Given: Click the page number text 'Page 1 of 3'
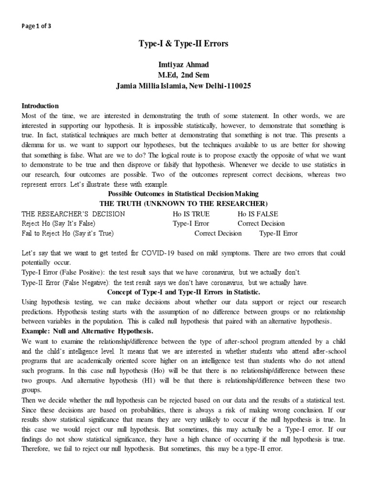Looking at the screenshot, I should [36, 26].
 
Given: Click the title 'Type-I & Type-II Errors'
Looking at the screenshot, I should [183, 44].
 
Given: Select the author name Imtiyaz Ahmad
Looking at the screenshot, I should [183, 65].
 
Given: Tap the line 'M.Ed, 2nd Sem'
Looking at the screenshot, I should [183, 75].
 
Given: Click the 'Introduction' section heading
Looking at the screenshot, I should [40, 106].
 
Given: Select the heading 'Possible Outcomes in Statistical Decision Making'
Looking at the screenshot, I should [183, 193].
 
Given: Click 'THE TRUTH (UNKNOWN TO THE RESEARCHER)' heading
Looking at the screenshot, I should [183, 203].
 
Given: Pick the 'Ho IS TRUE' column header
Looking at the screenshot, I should [191, 214].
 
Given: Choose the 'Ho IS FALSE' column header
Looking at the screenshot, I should [258, 214].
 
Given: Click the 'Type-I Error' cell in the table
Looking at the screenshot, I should [191, 223].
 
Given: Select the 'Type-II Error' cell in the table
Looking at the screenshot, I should [278, 234].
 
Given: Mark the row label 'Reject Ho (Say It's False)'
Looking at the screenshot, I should [59, 223].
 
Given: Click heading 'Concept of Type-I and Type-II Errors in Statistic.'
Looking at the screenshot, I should [183, 292].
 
